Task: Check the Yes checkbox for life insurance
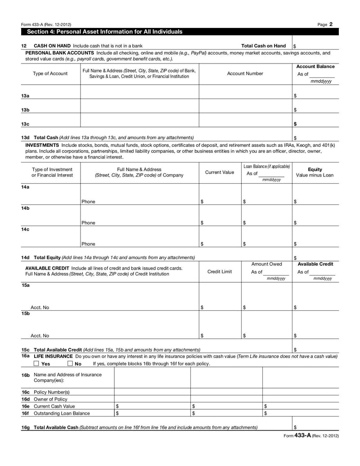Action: pos(36,363)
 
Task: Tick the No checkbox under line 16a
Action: pos(70,363)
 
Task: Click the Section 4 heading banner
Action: pos(105,32)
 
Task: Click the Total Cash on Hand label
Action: pos(263,45)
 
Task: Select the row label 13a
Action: pos(25,96)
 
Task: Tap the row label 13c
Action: pos(25,124)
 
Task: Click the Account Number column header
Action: pos(245,73)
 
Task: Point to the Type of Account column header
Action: pos(50,73)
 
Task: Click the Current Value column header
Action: pos(220,172)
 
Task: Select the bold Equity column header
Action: pos(315,169)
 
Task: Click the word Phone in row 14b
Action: pos(89,222)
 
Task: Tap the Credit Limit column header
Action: pos(220,271)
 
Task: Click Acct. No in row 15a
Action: pos(40,308)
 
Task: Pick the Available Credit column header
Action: pos(315,264)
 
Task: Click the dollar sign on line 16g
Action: pos(295,427)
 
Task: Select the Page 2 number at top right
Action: pos(325,24)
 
